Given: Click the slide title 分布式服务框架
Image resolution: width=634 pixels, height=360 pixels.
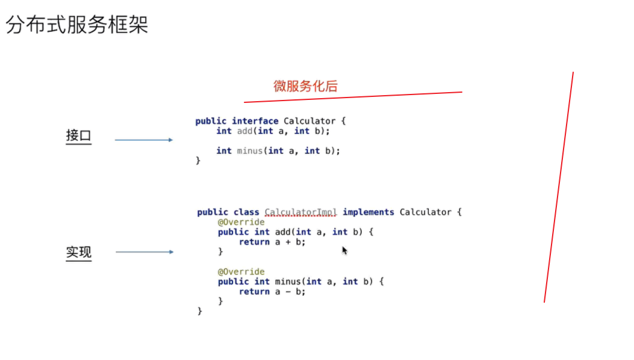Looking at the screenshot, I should point(77,25).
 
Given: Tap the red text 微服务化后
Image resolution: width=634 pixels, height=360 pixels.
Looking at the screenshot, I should point(305,86).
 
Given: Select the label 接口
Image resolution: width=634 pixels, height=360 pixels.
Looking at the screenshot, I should point(78,135).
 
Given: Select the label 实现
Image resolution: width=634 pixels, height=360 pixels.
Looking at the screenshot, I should point(78,252).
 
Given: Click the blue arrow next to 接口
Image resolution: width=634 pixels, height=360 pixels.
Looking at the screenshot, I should point(143,140).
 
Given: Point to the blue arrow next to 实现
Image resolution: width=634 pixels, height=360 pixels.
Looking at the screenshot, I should point(144,252).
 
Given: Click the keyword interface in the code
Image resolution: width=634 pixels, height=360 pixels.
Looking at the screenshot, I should point(255,121).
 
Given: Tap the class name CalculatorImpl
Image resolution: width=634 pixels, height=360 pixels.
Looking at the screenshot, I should point(300,212).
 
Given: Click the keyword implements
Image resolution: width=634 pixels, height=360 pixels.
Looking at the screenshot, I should point(368,212).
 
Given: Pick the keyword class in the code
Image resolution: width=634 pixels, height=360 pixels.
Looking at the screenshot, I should point(246,212).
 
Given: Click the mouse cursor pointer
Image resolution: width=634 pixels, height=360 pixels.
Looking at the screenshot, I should point(344,250).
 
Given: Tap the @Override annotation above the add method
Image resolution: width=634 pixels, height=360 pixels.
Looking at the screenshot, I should point(241,222).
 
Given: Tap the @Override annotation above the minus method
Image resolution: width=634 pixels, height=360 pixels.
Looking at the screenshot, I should point(241,272).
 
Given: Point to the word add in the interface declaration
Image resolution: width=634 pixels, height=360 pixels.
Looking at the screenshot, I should point(244,131).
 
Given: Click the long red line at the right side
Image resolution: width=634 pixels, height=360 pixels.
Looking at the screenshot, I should point(559,187).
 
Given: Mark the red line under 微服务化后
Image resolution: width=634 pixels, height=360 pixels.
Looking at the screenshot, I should point(353,97).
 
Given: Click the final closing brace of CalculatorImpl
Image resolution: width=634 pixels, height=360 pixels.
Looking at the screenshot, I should point(200,311).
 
